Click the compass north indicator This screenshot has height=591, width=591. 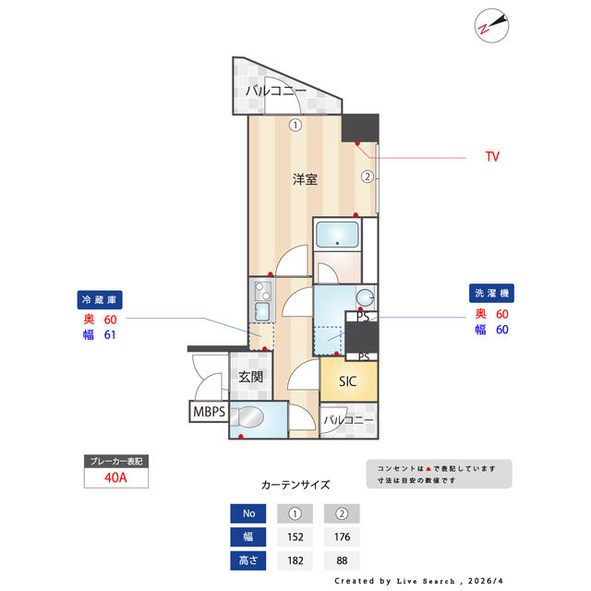[491, 26]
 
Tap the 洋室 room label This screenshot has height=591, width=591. [305, 179]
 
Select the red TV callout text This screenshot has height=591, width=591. [492, 156]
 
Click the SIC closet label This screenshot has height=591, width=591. [347, 381]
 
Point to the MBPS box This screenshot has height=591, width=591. [209, 411]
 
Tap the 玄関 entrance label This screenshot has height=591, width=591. [250, 376]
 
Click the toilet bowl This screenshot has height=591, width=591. [247, 417]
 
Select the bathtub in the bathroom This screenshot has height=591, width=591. [337, 235]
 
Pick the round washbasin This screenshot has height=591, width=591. [366, 298]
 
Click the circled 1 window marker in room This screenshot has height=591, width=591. [295, 126]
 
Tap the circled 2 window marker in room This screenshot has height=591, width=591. [368, 176]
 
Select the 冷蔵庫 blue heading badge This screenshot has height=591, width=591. [100, 299]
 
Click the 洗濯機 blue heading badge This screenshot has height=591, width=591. [491, 293]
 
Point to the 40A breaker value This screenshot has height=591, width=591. [115, 477]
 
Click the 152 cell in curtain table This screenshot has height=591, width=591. [295, 537]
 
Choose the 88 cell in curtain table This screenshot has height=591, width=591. [342, 561]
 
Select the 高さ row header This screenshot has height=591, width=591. [248, 561]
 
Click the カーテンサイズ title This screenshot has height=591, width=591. [295, 485]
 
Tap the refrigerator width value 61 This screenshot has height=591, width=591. [110, 334]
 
